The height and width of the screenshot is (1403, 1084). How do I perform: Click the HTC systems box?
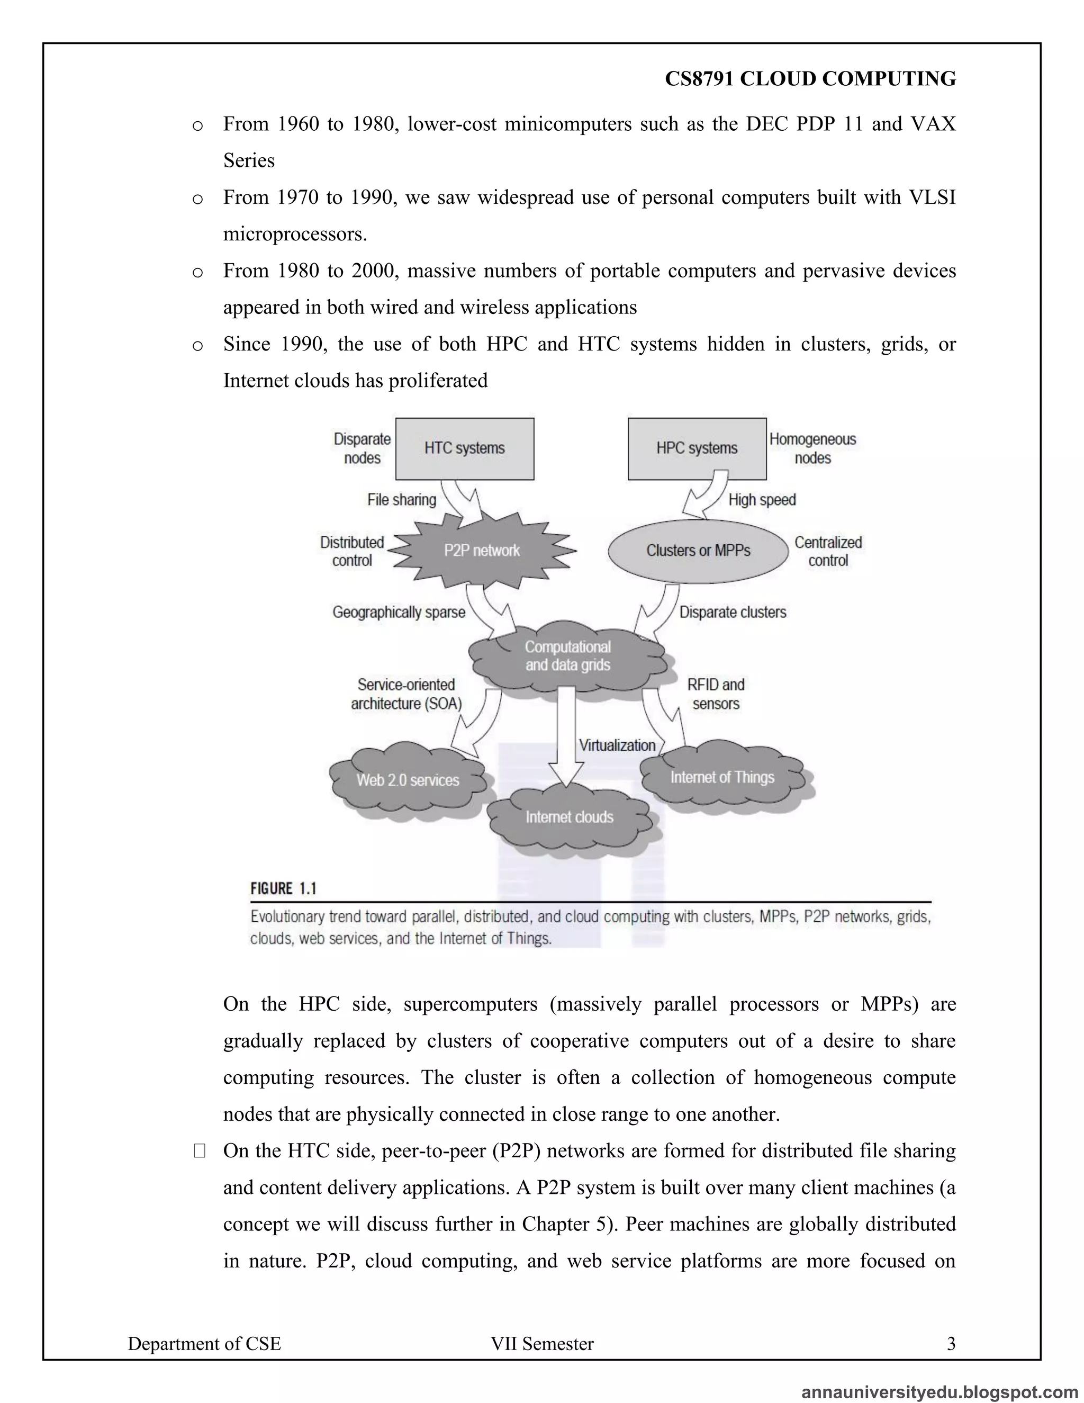coord(464,448)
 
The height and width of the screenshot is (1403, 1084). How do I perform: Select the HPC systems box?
coord(697,448)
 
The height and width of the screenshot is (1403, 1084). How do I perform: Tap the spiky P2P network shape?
coord(482,551)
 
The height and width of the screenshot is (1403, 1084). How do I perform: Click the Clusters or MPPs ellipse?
coord(698,551)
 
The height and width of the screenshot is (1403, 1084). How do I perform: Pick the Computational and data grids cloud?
coord(568,656)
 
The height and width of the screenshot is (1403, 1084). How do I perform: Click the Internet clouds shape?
coord(569,817)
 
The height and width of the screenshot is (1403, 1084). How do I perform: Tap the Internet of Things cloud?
coord(722,777)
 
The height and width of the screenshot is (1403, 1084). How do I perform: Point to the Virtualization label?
coord(617,745)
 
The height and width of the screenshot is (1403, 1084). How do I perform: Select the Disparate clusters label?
coord(733,612)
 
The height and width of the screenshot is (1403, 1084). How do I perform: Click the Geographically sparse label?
coord(399,612)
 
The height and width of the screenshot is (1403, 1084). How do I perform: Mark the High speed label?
coord(762,500)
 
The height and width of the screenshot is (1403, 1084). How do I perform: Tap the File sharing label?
coord(401,500)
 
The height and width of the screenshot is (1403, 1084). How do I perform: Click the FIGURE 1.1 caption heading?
coord(283,888)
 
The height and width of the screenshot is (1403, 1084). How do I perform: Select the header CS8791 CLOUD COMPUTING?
coord(810,78)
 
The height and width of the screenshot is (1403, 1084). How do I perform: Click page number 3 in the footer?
coord(951,1343)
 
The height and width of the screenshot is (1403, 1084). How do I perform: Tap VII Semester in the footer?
coord(542,1343)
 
